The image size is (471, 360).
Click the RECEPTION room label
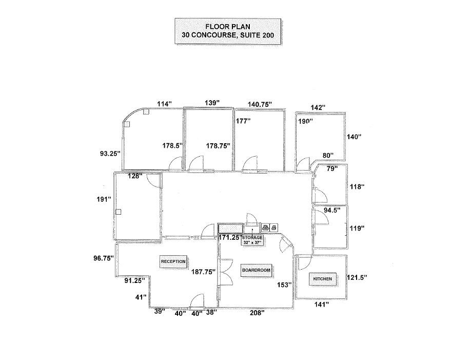173,261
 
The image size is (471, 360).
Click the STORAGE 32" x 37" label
252,240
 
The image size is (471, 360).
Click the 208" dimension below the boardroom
257,312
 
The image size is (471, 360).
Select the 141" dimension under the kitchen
321,304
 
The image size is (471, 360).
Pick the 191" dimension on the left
104,200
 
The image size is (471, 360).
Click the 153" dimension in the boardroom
284,284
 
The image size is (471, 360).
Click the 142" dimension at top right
318,107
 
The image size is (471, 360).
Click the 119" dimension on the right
358,228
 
